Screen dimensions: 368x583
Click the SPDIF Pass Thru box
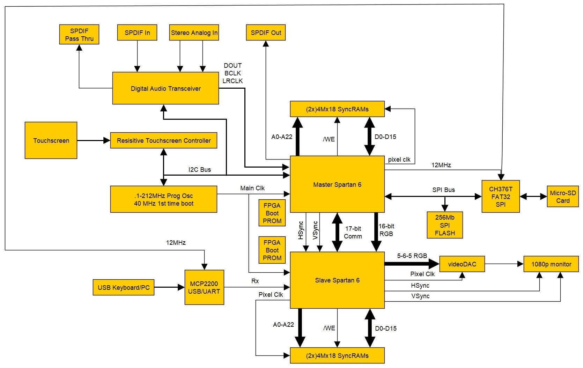[x=79, y=35]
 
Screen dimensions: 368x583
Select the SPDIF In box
[x=137, y=32]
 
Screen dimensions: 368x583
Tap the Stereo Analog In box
[x=194, y=32]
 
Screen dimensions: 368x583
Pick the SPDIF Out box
[x=266, y=32]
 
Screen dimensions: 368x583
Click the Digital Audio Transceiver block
[x=165, y=88]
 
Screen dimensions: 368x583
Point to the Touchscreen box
[x=51, y=140]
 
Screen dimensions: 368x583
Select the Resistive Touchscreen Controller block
[x=164, y=140]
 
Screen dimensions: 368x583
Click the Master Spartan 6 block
[x=337, y=184]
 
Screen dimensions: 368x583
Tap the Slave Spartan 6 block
[x=337, y=280]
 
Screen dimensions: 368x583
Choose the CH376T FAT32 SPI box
[x=501, y=197]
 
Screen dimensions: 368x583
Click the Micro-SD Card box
[x=563, y=197]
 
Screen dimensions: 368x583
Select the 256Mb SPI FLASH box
[x=445, y=225]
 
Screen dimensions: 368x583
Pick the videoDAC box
[x=462, y=264]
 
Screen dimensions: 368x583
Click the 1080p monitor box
[x=551, y=264]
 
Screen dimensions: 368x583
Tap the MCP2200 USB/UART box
[x=204, y=287]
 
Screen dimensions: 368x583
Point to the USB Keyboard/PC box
[x=124, y=287]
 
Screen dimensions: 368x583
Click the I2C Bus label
[x=200, y=170]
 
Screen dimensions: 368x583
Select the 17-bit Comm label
[x=353, y=233]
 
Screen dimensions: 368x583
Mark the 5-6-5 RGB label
[x=412, y=256]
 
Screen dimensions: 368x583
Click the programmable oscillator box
[x=164, y=199]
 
